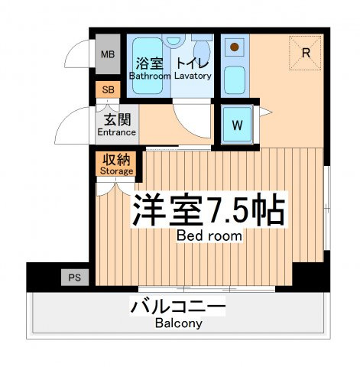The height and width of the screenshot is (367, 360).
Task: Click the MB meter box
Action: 108,54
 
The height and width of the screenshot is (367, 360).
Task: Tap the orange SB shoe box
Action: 108,89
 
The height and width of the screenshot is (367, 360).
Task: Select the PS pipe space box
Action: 75,278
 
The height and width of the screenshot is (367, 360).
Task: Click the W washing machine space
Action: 237,125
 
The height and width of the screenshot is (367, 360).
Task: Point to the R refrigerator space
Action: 305,53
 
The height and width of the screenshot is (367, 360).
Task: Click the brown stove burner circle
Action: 234,47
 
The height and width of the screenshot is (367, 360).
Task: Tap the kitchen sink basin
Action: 235,80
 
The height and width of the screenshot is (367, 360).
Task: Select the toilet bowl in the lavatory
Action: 202,50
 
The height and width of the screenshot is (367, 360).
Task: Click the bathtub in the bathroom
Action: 148,66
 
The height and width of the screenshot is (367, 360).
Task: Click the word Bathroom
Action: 150,76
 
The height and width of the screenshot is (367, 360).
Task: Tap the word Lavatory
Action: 193,76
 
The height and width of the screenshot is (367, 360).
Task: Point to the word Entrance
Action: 117,132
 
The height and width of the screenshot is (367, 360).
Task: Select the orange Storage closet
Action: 116,164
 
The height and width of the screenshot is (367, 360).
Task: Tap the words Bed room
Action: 209,235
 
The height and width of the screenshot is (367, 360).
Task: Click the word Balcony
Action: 179,323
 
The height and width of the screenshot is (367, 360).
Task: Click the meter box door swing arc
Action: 73,50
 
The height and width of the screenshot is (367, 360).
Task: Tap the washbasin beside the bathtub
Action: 174,41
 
